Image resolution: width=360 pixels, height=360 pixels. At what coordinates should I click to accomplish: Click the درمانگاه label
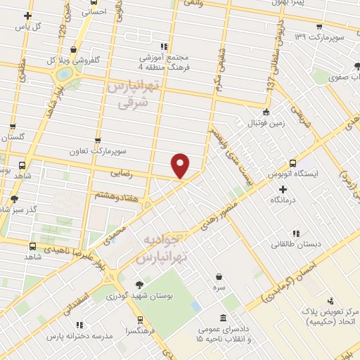click(x=283, y=200)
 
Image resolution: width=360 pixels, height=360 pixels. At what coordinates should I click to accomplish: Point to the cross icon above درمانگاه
click(x=283, y=189)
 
